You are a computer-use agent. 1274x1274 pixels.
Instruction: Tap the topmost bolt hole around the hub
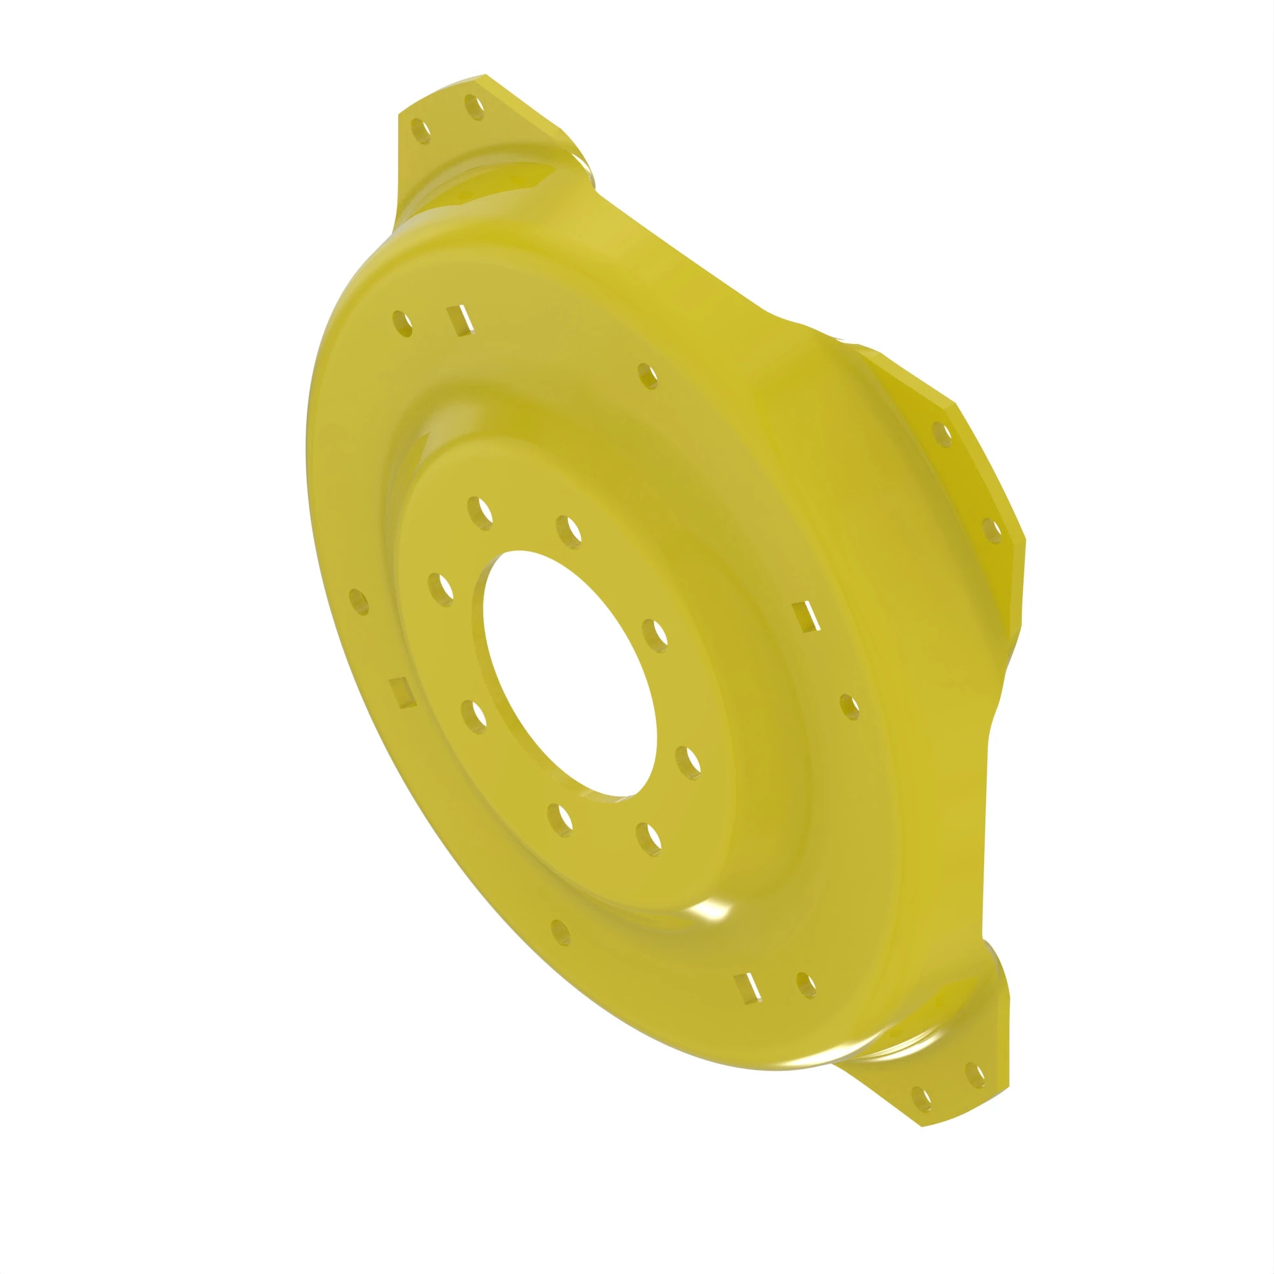tap(480, 511)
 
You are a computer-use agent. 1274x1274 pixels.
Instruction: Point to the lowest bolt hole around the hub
tap(649, 838)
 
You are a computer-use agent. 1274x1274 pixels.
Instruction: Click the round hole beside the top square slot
tap(402, 324)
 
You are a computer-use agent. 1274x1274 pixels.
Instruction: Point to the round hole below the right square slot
tap(850, 707)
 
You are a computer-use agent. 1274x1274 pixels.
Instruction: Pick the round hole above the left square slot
tap(359, 601)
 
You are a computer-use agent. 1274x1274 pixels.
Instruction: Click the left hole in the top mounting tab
tap(420, 132)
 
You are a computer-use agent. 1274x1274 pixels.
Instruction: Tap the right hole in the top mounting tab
tap(475, 108)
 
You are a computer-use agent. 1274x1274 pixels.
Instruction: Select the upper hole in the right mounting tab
tap(943, 433)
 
